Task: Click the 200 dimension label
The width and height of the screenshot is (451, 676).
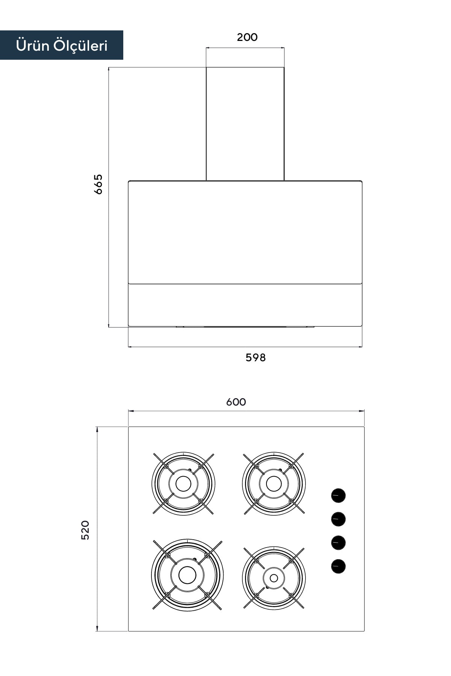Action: click(247, 37)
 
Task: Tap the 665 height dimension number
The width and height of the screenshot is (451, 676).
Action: click(98, 184)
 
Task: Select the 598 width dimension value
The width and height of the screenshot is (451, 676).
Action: click(256, 358)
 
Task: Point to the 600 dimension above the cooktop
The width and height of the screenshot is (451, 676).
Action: click(236, 402)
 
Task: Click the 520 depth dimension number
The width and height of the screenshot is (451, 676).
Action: click(85, 530)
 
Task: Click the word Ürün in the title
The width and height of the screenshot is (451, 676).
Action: click(33, 45)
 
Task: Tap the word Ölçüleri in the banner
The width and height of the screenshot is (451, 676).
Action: click(80, 45)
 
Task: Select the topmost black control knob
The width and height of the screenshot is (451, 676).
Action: click(338, 495)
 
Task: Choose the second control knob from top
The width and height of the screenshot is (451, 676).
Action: click(338, 519)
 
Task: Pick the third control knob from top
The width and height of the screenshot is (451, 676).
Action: click(338, 543)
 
